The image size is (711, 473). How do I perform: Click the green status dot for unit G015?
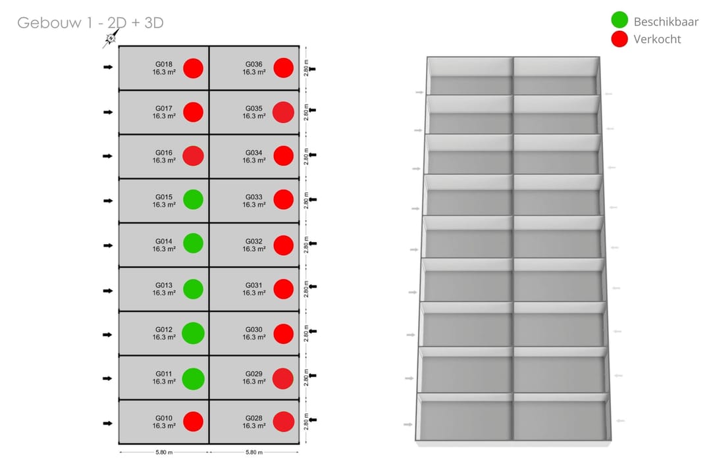coord(193,199)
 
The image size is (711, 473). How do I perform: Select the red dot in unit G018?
coord(193,68)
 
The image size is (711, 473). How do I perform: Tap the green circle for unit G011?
coord(193,379)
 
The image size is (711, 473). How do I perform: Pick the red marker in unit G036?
coord(283,68)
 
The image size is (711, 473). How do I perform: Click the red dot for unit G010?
coord(193,421)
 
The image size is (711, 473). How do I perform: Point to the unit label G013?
coord(164,286)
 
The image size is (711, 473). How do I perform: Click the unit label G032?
coord(254,241)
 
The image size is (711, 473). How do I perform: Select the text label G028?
coord(254,418)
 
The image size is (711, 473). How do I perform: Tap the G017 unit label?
coord(164,109)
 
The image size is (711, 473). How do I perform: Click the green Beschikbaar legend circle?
coord(619,20)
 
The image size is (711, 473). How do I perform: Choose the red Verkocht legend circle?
coord(619,39)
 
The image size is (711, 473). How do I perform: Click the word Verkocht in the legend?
coord(657,39)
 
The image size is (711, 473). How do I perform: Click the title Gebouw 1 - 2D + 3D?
coord(90,22)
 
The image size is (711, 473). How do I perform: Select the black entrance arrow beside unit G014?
coord(108,245)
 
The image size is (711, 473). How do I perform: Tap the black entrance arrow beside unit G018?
coord(108,67)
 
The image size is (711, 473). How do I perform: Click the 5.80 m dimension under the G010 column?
coord(164,452)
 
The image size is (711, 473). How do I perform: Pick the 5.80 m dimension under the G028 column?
coord(254,452)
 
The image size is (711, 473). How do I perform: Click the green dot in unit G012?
coord(193,333)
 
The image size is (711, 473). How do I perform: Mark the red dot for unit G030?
coord(283,334)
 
